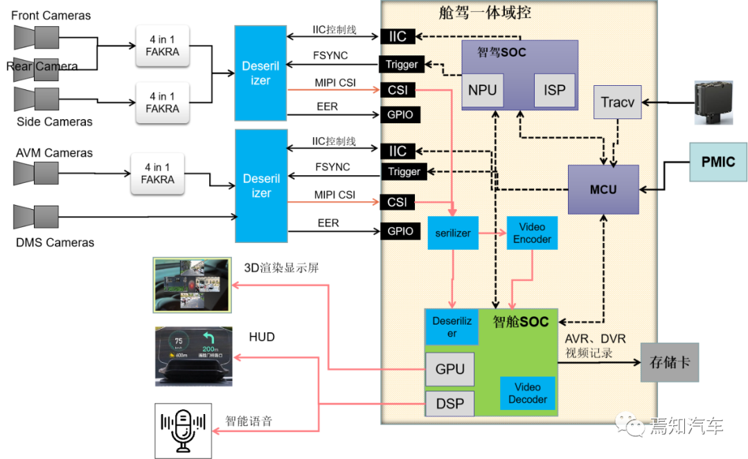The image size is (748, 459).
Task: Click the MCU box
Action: (x=603, y=189)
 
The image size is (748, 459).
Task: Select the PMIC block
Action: (x=718, y=162)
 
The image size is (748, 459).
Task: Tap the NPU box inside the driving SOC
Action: (x=482, y=90)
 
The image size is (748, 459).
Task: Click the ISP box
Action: (x=554, y=90)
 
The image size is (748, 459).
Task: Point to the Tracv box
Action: (x=617, y=102)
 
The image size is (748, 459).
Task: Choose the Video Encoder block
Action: (x=532, y=233)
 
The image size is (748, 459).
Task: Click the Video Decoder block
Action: (x=528, y=393)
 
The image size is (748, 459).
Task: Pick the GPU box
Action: (x=449, y=370)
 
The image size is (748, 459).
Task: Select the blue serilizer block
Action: (x=453, y=233)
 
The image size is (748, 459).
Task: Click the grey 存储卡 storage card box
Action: (x=669, y=362)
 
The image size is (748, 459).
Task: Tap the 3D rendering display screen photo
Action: (x=190, y=285)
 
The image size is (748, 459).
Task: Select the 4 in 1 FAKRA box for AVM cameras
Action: (x=158, y=173)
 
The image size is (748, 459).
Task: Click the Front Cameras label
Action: (x=51, y=15)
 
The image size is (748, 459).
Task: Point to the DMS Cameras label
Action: (x=55, y=243)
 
